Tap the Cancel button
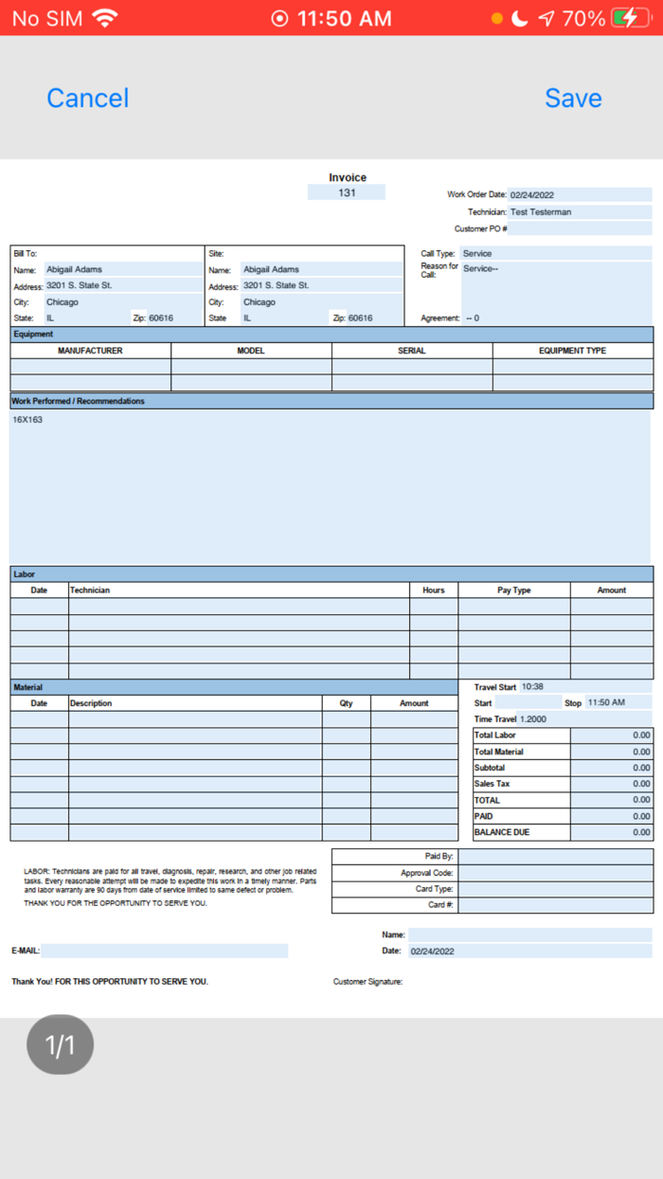pos(87,98)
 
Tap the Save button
pos(573,98)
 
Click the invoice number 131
pos(347,192)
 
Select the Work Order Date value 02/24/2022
pos(532,195)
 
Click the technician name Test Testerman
pos(541,212)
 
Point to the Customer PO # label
pos(481,228)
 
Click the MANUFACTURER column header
pos(90,351)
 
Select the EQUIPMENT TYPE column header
pos(572,351)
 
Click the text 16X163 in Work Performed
pos(27,420)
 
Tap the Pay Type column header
pos(514,590)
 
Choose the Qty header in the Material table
pos(346,703)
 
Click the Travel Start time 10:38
pos(532,687)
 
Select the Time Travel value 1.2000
pos(534,719)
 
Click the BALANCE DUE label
pos(502,833)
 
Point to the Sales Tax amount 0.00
pos(641,785)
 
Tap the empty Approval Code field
pos(556,873)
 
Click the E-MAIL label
pos(26,951)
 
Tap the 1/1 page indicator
pos(60,1045)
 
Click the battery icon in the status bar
pos(630,18)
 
